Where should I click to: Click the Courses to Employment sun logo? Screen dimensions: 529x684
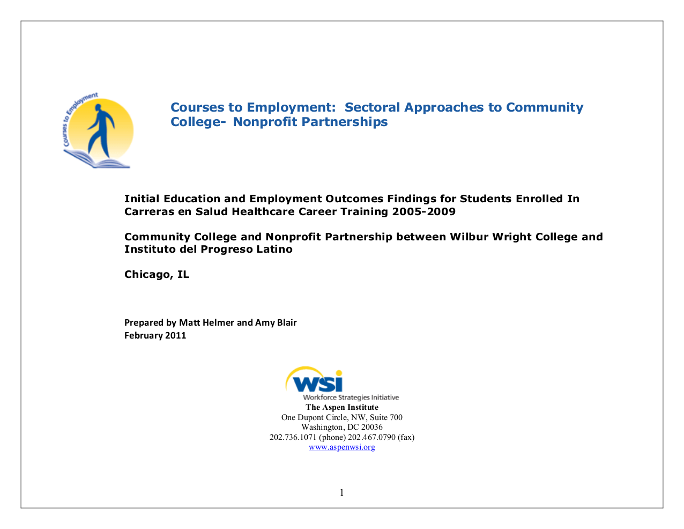click(x=98, y=131)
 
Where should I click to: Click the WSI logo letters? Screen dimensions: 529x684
click(x=318, y=383)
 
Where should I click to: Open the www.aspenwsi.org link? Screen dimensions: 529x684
click(x=342, y=447)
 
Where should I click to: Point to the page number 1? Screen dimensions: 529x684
click(x=342, y=493)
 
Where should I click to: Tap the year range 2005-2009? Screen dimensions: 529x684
click(x=423, y=211)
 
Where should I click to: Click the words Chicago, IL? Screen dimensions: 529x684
click(x=157, y=274)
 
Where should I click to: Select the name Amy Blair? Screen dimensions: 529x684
click(x=276, y=322)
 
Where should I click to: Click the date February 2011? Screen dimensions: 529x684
click(x=155, y=335)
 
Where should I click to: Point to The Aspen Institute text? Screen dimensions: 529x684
click(x=342, y=407)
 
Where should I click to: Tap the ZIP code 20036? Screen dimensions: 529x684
click(x=371, y=427)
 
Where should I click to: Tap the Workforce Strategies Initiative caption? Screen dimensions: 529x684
click(x=351, y=398)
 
